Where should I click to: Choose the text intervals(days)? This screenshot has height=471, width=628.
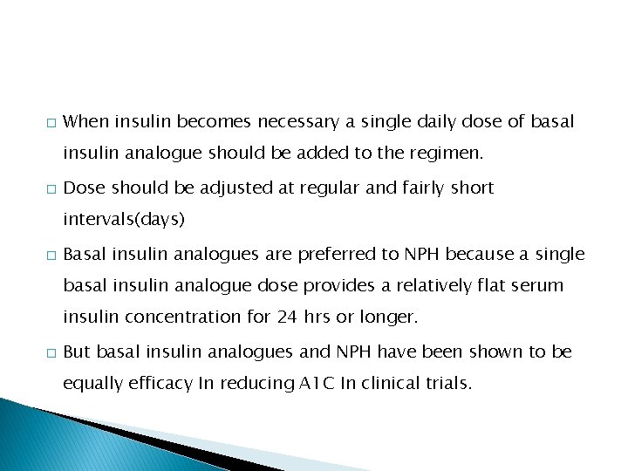[124, 220]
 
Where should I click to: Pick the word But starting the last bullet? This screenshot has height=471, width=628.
[78, 352]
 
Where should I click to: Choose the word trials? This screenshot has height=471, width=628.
[447, 384]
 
